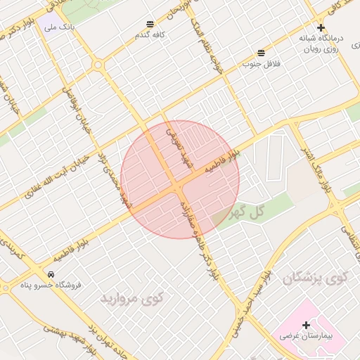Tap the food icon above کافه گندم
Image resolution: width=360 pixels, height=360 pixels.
[x=150, y=23]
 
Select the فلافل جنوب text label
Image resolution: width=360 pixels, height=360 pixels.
[x=262, y=63]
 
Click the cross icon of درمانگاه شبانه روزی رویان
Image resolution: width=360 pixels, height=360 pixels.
[x=321, y=27]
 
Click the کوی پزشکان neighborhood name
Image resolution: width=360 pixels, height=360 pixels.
[x=316, y=278]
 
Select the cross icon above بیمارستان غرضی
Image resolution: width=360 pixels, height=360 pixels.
[x=306, y=325]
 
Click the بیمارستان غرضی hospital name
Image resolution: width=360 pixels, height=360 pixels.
[x=306, y=336]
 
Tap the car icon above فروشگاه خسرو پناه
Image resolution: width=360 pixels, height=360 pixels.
[x=51, y=273]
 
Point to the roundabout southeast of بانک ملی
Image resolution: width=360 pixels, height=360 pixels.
[x=98, y=65]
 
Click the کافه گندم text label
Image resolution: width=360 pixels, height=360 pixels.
[x=149, y=34]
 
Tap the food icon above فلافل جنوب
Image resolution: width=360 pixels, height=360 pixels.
[x=262, y=53]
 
